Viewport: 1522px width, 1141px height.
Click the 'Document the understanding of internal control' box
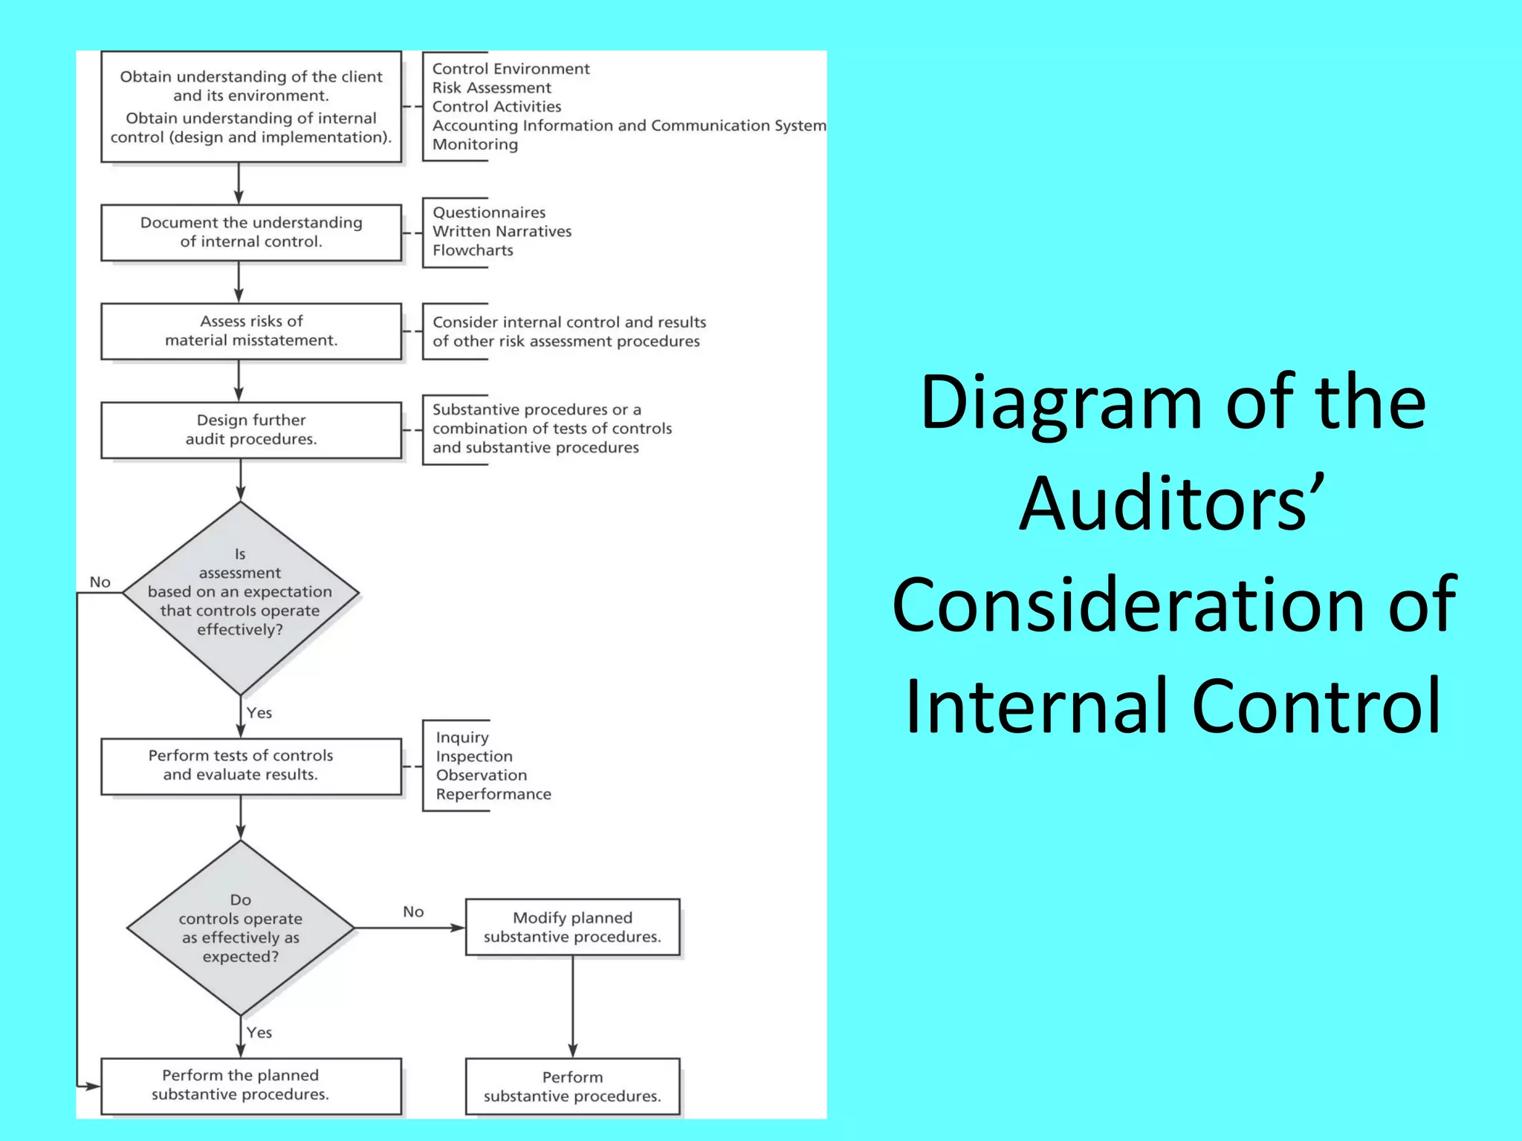tap(251, 233)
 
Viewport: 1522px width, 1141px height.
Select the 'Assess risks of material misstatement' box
tap(251, 331)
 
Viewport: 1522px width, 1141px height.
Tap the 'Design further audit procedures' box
tap(251, 430)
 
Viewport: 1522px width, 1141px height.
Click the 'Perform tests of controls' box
tap(251, 766)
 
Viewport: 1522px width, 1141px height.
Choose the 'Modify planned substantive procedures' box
tap(572, 927)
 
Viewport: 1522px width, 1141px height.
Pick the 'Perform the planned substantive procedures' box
tap(251, 1085)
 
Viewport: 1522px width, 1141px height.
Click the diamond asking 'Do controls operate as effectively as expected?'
tap(240, 929)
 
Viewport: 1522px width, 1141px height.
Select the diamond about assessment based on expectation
tap(240, 593)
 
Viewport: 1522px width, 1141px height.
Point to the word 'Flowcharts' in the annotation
tap(473, 250)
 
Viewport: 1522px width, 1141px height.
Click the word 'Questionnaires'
tap(489, 212)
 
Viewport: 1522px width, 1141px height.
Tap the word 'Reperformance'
tap(493, 794)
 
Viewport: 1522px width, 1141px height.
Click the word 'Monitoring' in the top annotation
tap(475, 144)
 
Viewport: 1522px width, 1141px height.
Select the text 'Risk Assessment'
tap(492, 88)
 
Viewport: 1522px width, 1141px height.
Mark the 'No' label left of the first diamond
tap(100, 582)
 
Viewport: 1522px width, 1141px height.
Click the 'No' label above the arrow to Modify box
tap(413, 911)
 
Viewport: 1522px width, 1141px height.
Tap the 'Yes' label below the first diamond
tap(259, 713)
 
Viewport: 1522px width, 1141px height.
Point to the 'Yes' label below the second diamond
tap(259, 1033)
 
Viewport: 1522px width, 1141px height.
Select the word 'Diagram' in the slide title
tap(1061, 403)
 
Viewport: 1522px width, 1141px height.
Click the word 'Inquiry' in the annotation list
tap(462, 738)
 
